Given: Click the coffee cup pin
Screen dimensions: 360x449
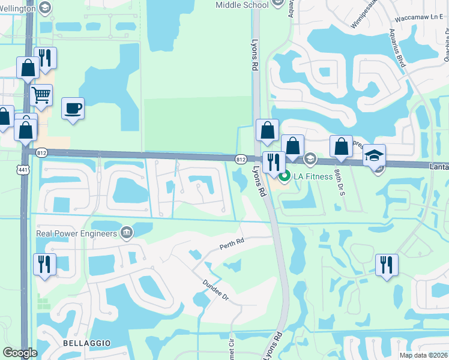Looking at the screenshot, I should (x=73, y=109).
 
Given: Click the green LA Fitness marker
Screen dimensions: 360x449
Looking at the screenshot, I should (x=285, y=176).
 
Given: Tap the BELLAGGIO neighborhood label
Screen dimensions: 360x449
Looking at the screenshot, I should (x=88, y=341).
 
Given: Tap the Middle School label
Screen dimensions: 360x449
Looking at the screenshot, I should (x=242, y=5).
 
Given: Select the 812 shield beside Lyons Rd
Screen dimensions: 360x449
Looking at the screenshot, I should (x=241, y=159).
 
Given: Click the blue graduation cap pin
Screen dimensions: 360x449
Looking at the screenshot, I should (x=374, y=155).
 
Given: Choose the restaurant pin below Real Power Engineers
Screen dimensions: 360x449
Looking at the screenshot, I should (x=44, y=265).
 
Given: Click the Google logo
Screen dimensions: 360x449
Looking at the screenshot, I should (x=20, y=353).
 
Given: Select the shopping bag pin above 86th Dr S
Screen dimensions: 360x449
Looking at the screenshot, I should (x=341, y=147).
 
